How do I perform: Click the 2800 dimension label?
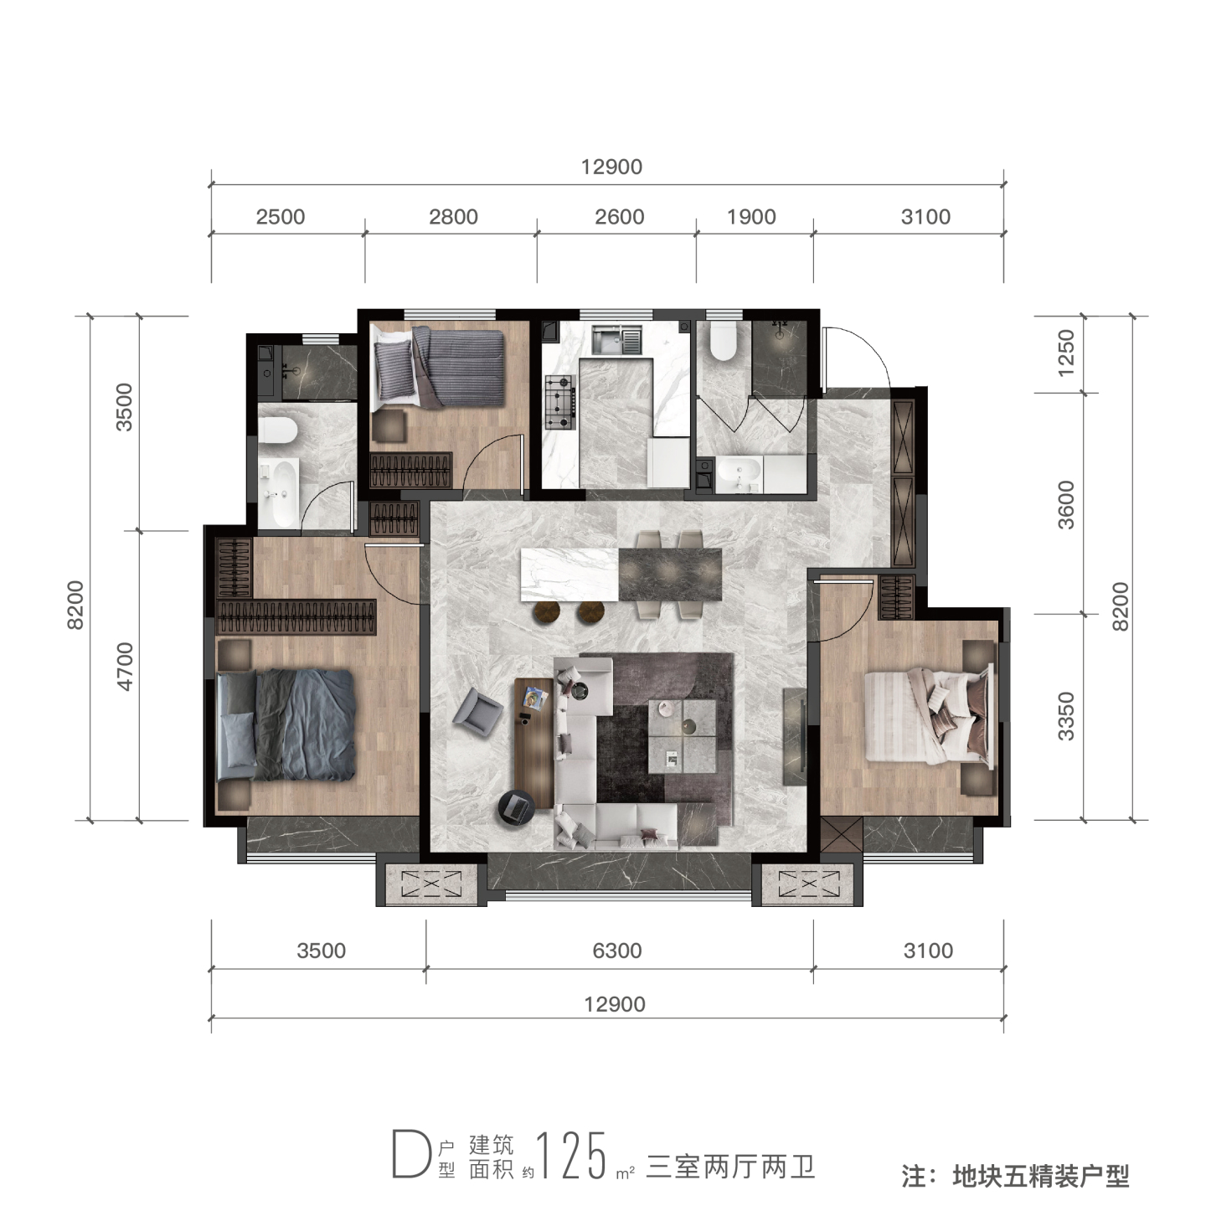tap(453, 217)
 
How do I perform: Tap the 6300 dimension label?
tap(617, 951)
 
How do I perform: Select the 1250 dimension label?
tap(1066, 353)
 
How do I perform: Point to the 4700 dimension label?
tap(125, 666)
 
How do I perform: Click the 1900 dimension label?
tap(751, 217)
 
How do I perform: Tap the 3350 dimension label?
tap(1066, 716)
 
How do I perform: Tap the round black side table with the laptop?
tap(517, 808)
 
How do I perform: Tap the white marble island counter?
tap(569, 575)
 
